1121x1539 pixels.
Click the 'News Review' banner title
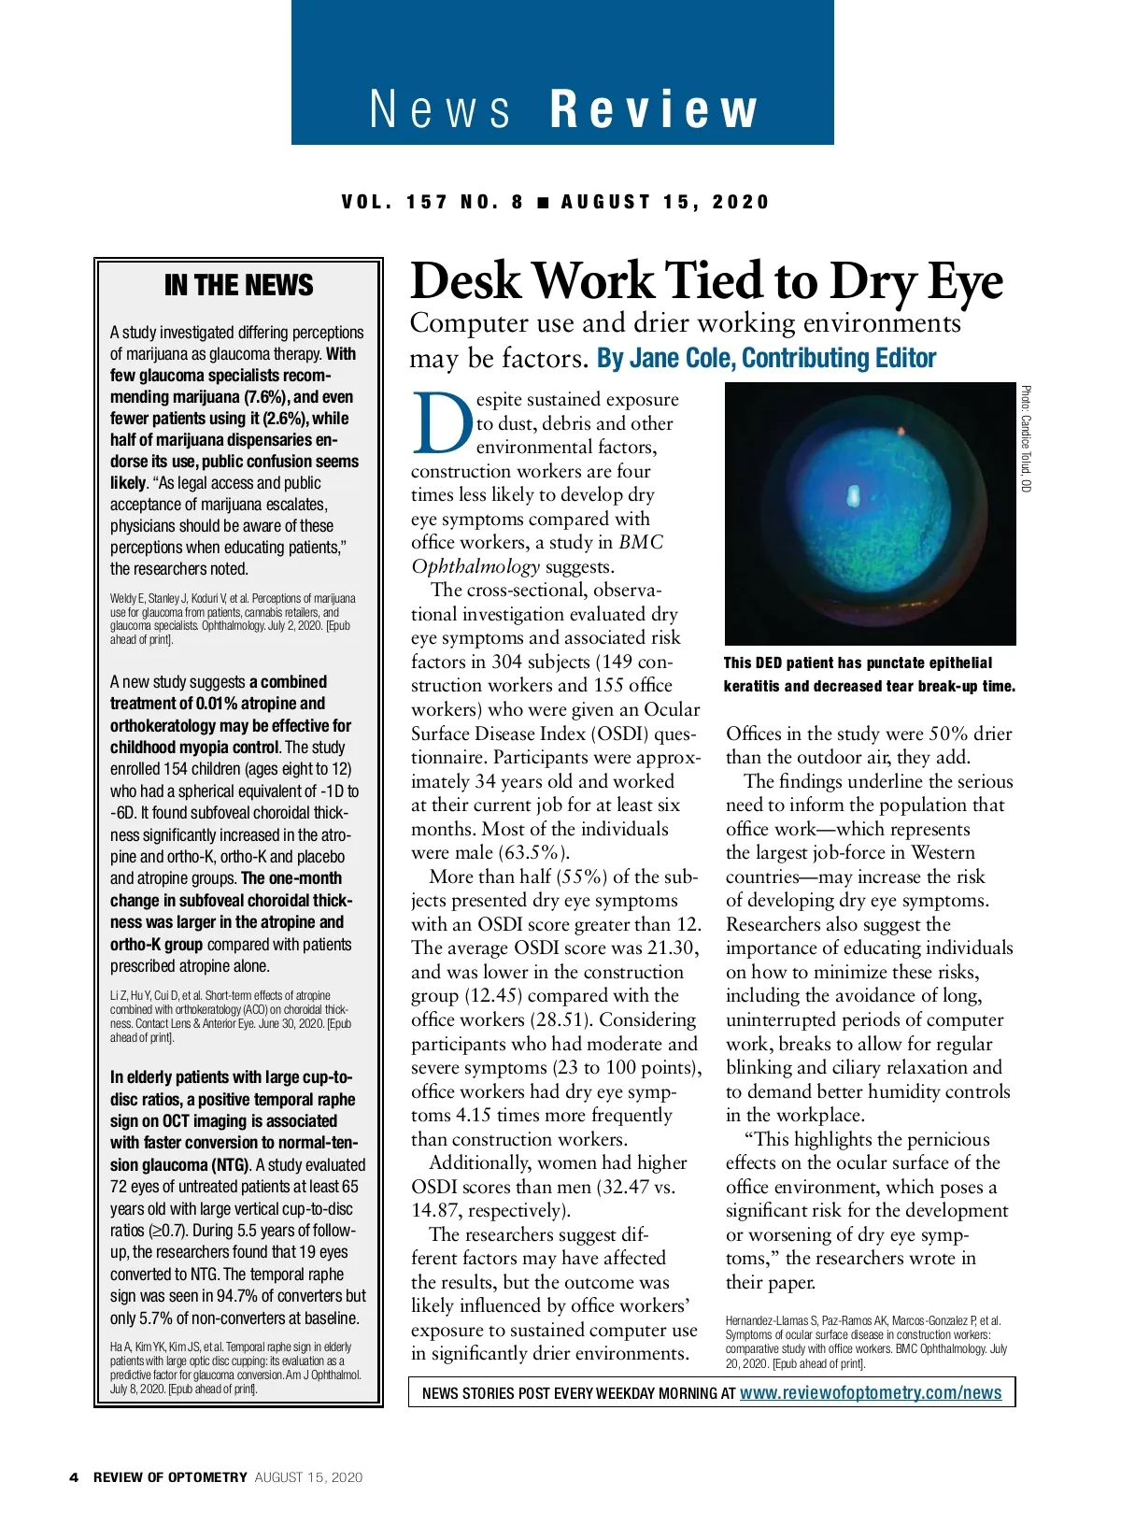(562, 109)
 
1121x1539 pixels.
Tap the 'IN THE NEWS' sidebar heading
(238, 285)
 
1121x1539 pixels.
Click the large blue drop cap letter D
(443, 421)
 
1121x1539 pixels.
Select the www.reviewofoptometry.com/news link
(871, 1392)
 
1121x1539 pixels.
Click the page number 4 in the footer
(74, 1477)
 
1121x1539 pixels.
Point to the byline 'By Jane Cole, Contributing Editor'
(766, 358)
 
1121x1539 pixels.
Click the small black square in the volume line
(543, 202)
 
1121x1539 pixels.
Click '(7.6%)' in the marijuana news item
(265, 397)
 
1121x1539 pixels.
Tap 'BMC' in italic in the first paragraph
(640, 542)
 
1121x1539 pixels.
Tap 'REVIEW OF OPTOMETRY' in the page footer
(170, 1477)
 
